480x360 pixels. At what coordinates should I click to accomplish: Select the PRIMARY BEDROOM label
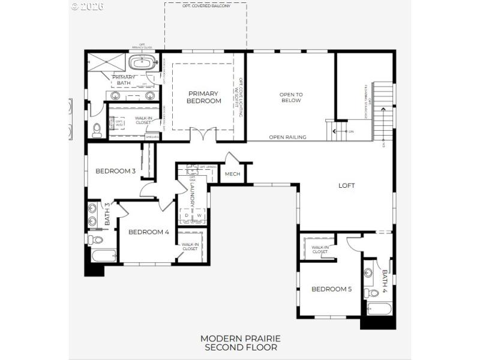[x=205, y=97]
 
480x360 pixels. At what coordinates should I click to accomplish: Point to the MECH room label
[x=232, y=175]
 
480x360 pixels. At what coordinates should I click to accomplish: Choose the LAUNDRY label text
[x=193, y=196]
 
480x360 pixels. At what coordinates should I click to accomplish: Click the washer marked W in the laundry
[x=199, y=215]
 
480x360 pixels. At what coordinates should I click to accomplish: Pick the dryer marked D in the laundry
[x=185, y=215]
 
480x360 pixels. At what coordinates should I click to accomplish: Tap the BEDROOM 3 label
[x=115, y=171]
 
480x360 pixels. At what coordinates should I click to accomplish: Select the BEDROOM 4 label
[x=149, y=232]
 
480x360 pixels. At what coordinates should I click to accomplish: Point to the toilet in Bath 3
[x=95, y=239]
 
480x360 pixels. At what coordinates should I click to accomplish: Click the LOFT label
[x=347, y=185]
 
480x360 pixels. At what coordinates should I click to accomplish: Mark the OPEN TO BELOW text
[x=291, y=98]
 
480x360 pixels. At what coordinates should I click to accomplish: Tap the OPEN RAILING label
[x=287, y=137]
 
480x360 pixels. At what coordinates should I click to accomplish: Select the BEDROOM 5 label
[x=332, y=289]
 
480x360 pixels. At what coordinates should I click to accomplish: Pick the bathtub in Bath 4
[x=378, y=310]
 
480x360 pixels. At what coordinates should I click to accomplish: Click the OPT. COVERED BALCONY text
[x=205, y=6]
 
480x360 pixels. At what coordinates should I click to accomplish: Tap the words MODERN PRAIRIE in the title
[x=241, y=339]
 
